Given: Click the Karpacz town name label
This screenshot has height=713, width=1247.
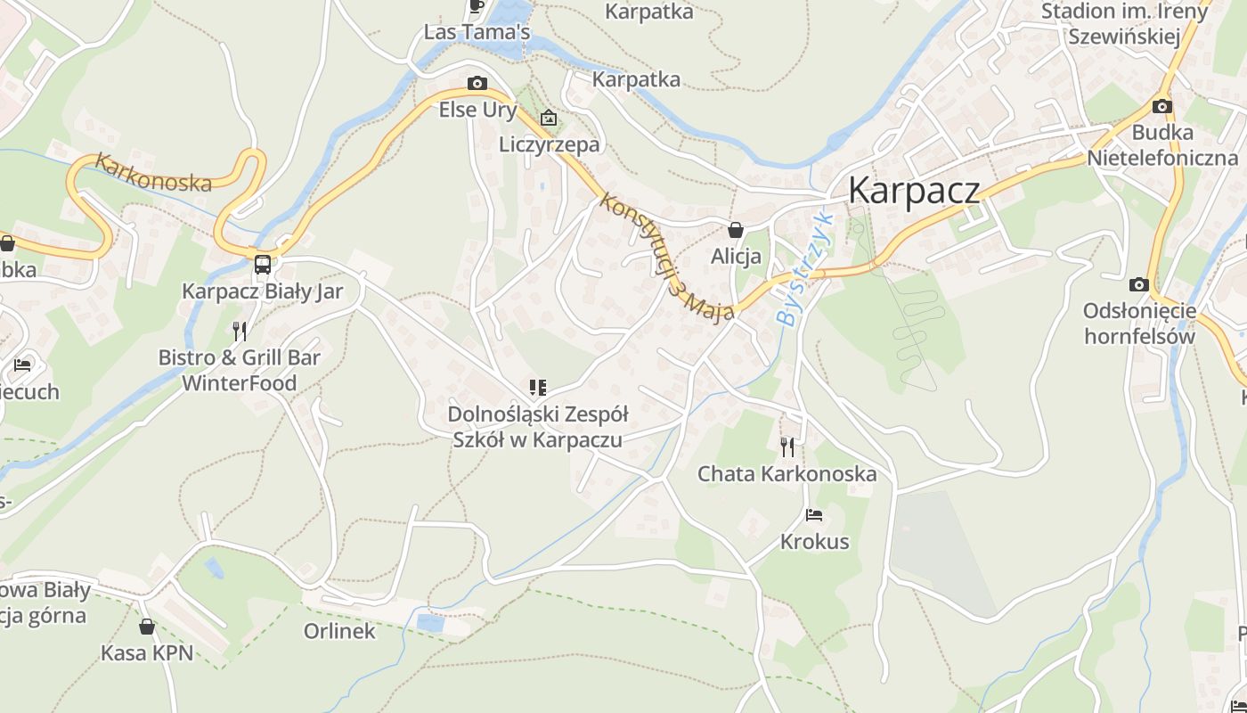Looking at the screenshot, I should [914, 191].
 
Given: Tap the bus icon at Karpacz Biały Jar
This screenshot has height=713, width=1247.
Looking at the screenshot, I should [263, 264].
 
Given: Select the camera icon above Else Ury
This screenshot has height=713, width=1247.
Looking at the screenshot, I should [477, 84].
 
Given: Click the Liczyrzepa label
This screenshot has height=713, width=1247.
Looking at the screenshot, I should [550, 144].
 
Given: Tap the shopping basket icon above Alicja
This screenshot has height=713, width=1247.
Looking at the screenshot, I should [736, 230].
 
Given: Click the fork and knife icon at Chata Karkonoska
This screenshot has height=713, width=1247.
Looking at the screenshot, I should [787, 447].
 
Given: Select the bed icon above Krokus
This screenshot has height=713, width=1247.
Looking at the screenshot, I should [813, 515].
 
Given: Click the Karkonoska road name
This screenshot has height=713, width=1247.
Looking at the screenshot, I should [153, 173].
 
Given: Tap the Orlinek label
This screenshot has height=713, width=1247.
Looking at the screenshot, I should [339, 631].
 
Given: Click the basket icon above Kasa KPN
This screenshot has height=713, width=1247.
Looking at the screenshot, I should [147, 627].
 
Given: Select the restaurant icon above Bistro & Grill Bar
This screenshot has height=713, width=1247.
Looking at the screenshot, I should [240, 332].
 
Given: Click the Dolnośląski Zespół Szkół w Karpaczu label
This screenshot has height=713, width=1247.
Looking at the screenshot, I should [537, 427].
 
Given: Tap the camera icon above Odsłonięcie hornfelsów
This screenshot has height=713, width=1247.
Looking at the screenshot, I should [1138, 285].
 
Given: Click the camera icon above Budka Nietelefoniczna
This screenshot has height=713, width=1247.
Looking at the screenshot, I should [1161, 107].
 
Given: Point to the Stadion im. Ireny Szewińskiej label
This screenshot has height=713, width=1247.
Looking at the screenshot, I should [1124, 24].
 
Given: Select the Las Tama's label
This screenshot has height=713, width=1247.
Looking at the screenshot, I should [477, 33].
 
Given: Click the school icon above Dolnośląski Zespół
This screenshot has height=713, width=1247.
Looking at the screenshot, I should [537, 388].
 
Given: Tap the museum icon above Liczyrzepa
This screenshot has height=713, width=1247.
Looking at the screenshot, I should [549, 118].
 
